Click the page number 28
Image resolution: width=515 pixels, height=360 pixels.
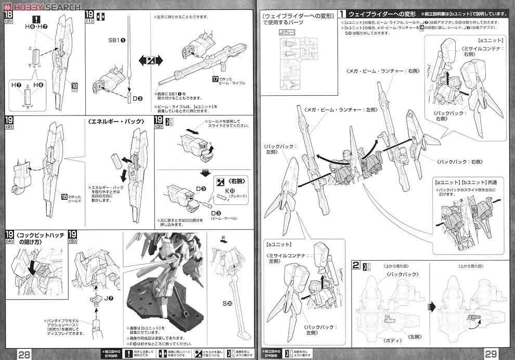pos(23,354)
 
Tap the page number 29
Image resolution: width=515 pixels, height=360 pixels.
pos(491,354)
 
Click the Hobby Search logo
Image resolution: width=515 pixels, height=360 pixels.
pos(42,6)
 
